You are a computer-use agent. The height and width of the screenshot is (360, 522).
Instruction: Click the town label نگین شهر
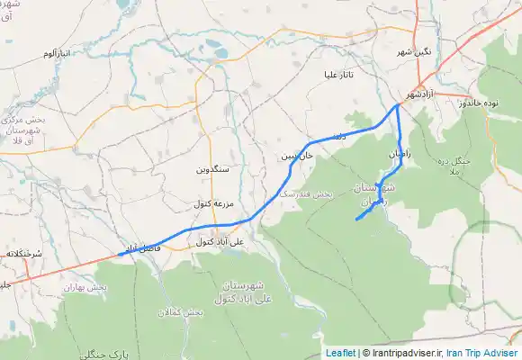416,52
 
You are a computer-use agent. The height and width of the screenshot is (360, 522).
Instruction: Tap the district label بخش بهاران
85,286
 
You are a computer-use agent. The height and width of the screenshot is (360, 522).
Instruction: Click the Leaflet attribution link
340,353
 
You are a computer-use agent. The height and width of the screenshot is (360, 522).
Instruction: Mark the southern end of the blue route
357,220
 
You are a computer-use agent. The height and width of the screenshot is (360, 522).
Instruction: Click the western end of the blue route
118,255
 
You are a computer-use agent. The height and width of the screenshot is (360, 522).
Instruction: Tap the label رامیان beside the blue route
400,155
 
